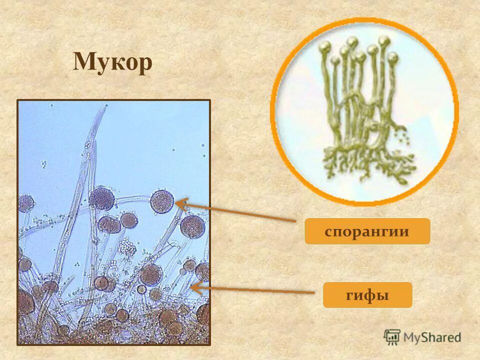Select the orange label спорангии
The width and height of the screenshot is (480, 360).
367,231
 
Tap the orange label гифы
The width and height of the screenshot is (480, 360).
367,295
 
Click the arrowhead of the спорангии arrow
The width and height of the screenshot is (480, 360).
177,202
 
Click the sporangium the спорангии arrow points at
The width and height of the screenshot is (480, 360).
162,201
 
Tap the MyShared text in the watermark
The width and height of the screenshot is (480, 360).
432,337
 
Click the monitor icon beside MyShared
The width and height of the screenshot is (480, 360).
392,337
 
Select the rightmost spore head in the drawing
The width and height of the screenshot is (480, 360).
384,41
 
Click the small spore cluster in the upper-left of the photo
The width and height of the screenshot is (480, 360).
43,164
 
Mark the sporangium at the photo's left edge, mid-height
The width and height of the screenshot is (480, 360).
26,203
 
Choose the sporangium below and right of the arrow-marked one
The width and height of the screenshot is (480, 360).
192,226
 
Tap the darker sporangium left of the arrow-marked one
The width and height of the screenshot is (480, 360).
101,198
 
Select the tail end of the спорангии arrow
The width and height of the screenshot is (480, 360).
295,220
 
